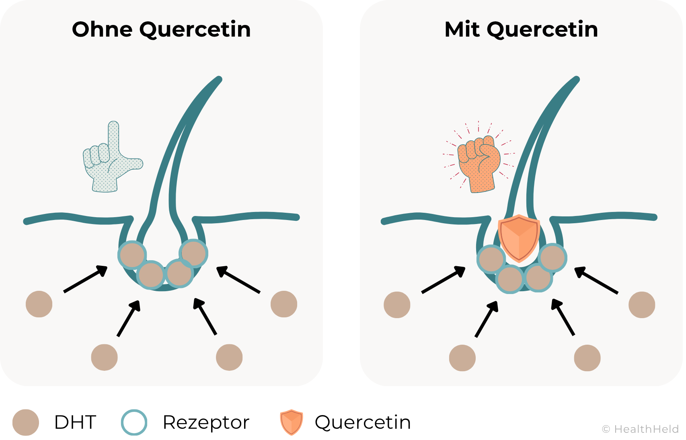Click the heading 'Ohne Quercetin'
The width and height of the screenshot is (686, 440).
(161, 29)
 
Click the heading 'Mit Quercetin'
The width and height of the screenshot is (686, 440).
(521, 29)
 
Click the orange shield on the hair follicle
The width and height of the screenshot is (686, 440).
(519, 237)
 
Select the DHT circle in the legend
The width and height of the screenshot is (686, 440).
(26, 422)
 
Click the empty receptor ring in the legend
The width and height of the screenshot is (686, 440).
(134, 422)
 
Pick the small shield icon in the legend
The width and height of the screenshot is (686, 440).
(291, 422)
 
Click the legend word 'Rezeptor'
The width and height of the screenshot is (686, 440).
(206, 422)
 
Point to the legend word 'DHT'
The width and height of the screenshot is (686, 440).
(75, 422)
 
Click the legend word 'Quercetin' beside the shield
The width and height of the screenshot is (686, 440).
(363, 422)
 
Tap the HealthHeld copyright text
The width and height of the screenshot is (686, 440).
(640, 429)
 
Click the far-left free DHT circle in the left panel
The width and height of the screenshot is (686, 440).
(39, 304)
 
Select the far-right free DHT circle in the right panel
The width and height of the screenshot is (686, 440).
(642, 305)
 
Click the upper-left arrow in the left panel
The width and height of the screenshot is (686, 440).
(85, 278)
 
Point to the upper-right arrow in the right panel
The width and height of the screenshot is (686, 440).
(596, 280)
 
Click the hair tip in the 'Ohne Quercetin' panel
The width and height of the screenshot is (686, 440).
(219, 79)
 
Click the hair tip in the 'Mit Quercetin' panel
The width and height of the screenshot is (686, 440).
(576, 79)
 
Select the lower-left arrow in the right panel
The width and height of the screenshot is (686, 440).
(487, 319)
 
